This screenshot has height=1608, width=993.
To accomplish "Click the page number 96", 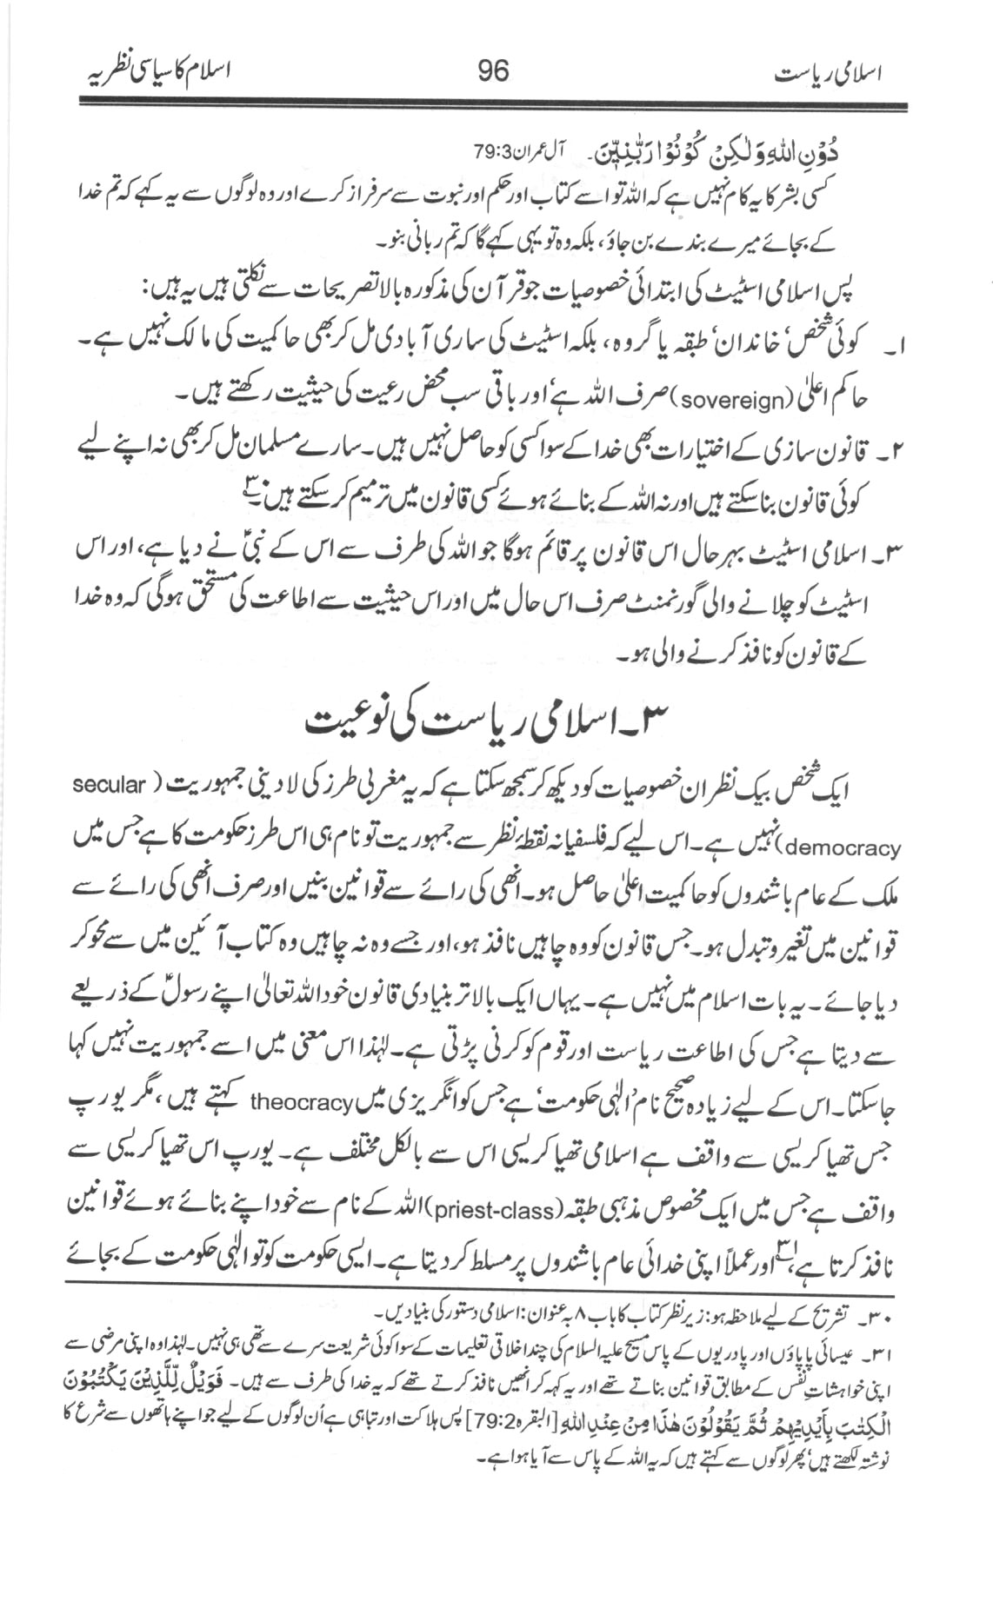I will (492, 70).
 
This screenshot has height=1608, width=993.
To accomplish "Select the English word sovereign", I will (716, 398).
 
